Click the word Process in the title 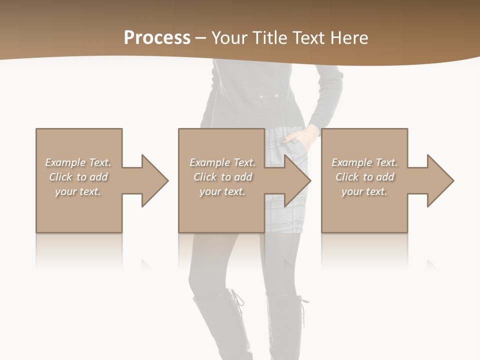pyautogui.click(x=157, y=38)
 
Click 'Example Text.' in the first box pyautogui.click(x=78, y=162)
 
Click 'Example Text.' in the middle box pyautogui.click(x=222, y=162)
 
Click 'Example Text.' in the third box pyautogui.click(x=364, y=162)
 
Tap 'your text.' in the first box pyautogui.click(x=78, y=191)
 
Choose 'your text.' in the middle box pyautogui.click(x=222, y=191)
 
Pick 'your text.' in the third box pyautogui.click(x=364, y=191)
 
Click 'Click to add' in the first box pyautogui.click(x=78, y=177)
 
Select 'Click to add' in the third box pyautogui.click(x=364, y=177)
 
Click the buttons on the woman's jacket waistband pyautogui.click(x=267, y=95)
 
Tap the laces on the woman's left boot pyautogui.click(x=237, y=300)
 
